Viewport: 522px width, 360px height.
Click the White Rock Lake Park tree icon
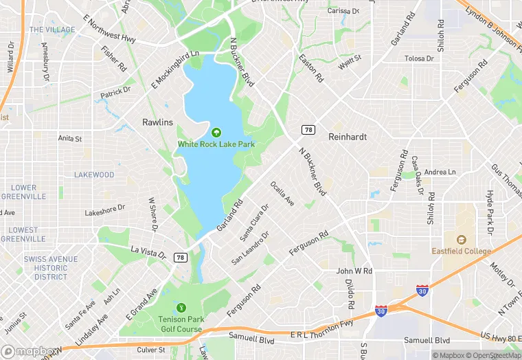(216, 133)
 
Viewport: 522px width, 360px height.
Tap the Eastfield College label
(461, 251)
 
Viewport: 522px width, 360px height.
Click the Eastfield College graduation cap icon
(461, 239)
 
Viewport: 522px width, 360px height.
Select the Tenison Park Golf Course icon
(181, 307)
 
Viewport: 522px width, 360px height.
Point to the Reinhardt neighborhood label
(348, 137)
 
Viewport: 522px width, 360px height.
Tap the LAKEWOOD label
(94, 175)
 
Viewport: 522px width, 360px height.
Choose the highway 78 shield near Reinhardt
(308, 129)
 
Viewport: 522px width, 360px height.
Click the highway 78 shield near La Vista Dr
(181, 257)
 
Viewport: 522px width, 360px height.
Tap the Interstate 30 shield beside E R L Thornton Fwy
(381, 311)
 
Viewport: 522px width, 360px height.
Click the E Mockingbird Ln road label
(175, 69)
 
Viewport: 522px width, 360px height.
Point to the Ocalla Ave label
(282, 193)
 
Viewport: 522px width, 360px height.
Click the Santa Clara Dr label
(254, 222)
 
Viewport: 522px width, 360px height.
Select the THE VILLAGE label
(52, 30)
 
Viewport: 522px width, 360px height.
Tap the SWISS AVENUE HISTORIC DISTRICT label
(51, 268)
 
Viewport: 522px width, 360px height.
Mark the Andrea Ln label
(440, 172)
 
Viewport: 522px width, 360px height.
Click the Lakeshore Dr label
(105, 210)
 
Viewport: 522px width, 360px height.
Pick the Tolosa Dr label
(419, 58)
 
